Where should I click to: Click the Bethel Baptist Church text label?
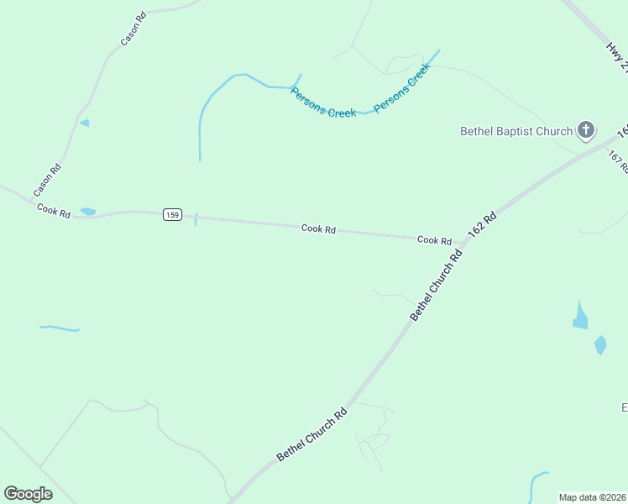[515, 131]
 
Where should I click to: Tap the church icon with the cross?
[586, 130]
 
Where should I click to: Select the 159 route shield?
[172, 215]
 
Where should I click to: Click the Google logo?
[28, 494]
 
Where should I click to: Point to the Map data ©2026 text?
[591, 497]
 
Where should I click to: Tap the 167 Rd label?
[618, 161]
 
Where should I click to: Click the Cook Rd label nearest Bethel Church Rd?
[434, 240]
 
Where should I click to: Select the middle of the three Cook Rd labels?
[318, 228]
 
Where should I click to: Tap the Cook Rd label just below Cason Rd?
[54, 211]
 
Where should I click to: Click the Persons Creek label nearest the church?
[402, 89]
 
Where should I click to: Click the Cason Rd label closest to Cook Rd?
[48, 181]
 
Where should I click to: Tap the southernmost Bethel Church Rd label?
[312, 433]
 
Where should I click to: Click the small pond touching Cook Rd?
[88, 212]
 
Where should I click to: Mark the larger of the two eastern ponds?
[580, 317]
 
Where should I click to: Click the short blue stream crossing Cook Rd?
[196, 219]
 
